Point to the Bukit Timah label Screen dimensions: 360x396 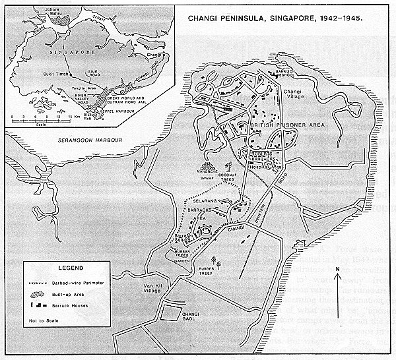[x=38, y=75]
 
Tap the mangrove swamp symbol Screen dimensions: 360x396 [x=208, y=169]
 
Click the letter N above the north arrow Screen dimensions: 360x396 [x=337, y=269]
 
